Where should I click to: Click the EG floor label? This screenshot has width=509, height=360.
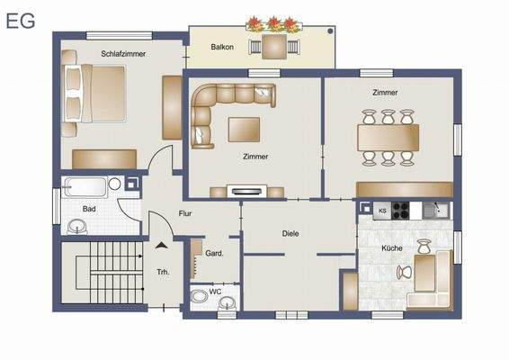[x=21, y=21]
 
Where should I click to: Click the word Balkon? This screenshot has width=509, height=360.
[x=222, y=46]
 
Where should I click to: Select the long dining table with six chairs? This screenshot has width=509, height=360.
[x=388, y=138]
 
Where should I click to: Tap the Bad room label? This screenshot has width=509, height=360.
[x=89, y=209]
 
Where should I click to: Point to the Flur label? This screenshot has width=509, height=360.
[x=185, y=214]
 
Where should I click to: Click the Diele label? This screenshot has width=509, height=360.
[x=290, y=233]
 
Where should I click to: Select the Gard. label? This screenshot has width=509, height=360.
[x=214, y=253]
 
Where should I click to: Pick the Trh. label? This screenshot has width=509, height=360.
[x=164, y=271]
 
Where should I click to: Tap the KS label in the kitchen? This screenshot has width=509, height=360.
[x=381, y=211]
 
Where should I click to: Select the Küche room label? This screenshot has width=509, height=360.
[x=391, y=247]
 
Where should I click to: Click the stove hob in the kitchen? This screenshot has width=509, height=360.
[x=401, y=211]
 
